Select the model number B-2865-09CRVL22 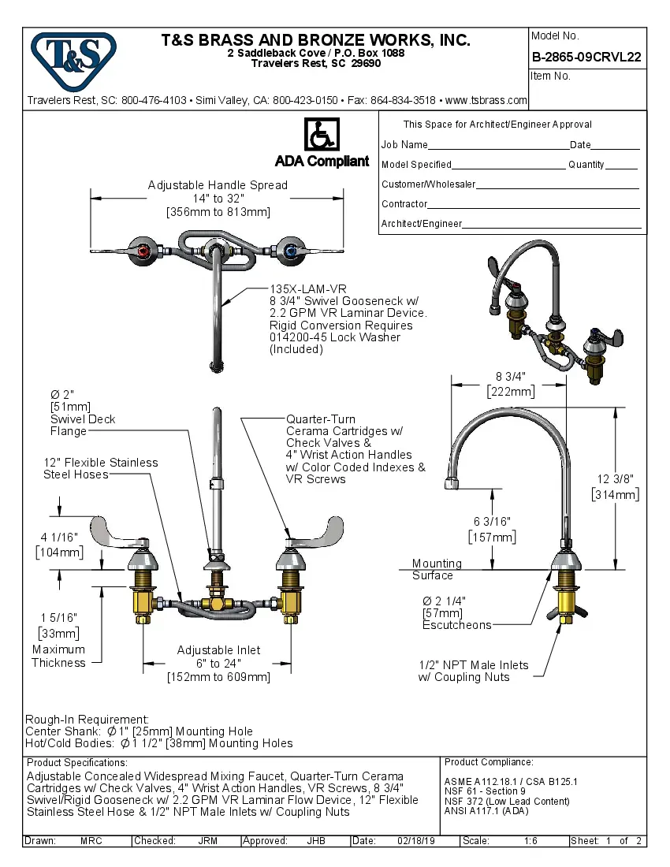[x=586, y=57]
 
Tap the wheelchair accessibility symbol [x=322, y=135]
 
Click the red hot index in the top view [x=143, y=251]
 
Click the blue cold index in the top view [x=291, y=251]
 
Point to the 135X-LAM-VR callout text [x=308, y=289]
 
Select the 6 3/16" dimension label [x=492, y=522]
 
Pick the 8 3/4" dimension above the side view [x=510, y=376]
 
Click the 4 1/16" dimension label [x=59, y=538]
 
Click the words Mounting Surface [x=436, y=569]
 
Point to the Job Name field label [x=404, y=145]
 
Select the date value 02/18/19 [x=416, y=841]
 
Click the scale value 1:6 [x=530, y=841]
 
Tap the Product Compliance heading [x=489, y=762]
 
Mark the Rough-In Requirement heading [x=87, y=720]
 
